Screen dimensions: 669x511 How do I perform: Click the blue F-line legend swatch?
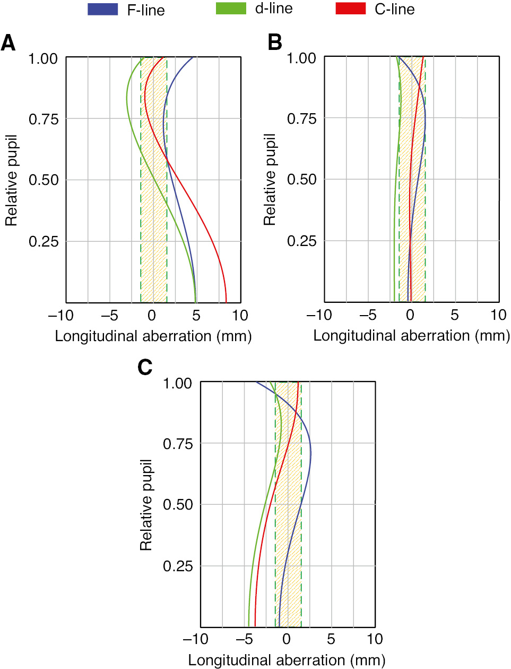tap(102, 9)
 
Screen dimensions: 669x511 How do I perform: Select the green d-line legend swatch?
tap(231, 9)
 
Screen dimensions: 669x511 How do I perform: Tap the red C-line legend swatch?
tap(350, 9)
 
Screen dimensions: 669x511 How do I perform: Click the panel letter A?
tap(8, 43)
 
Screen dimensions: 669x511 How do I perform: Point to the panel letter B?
tap(274, 43)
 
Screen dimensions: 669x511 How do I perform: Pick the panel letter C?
tap(145, 367)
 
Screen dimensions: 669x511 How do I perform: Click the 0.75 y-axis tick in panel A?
tap(43, 119)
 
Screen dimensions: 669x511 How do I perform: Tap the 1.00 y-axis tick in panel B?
tap(301, 58)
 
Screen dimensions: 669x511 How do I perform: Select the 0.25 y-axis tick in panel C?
tap(177, 566)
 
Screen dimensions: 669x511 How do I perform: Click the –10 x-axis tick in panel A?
tap(60, 316)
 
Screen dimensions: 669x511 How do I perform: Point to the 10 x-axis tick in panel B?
tap(498, 315)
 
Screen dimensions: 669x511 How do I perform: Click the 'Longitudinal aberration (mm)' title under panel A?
tap(153, 336)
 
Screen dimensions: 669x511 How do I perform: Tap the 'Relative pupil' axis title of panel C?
tap(146, 504)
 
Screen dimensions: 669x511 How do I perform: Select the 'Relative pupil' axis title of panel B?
tap(270, 180)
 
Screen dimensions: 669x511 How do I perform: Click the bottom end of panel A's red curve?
tap(227, 302)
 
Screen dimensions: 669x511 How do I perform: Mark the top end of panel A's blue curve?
tap(196, 57)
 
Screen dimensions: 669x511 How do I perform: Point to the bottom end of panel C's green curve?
tap(248, 626)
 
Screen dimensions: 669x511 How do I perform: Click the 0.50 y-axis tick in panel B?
tap(301, 180)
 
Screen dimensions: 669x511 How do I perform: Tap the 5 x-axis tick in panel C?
tap(331, 639)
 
